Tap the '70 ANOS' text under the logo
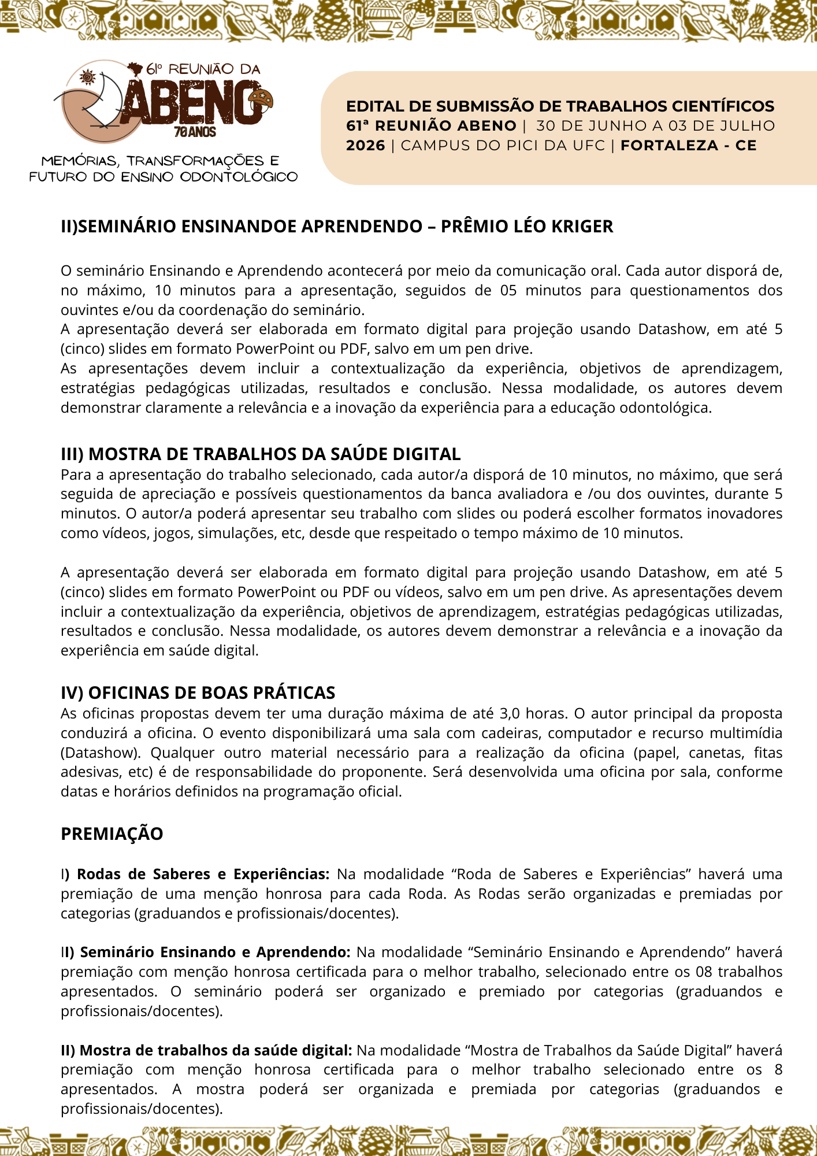(195, 132)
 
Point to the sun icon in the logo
(88, 77)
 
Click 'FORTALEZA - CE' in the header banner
(688, 146)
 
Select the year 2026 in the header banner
(365, 146)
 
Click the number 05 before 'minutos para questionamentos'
(508, 290)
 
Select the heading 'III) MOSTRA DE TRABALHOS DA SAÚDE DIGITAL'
(261, 454)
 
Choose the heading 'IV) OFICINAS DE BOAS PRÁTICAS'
(198, 693)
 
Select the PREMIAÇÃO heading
(112, 834)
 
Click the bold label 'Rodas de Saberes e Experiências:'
(203, 875)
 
